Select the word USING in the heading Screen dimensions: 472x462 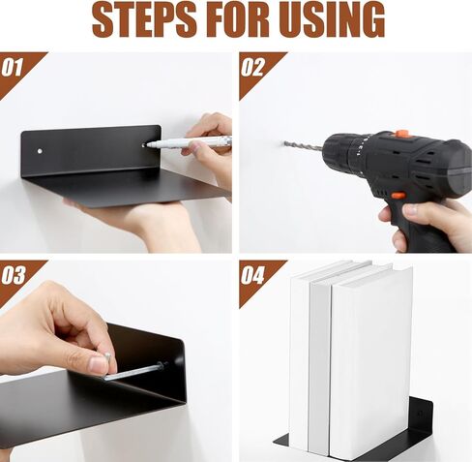(332, 20)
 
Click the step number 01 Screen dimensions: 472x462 (13, 68)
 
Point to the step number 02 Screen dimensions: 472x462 (251, 68)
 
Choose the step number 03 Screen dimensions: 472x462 (13, 275)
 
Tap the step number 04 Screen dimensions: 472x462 (252, 275)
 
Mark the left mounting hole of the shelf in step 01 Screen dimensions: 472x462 (40, 151)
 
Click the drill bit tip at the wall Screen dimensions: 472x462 (285, 142)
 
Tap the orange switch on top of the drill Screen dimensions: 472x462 (402, 134)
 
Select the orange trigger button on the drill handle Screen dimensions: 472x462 (398, 196)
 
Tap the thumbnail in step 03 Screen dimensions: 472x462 (98, 364)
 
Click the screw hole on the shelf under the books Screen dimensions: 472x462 (420, 413)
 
